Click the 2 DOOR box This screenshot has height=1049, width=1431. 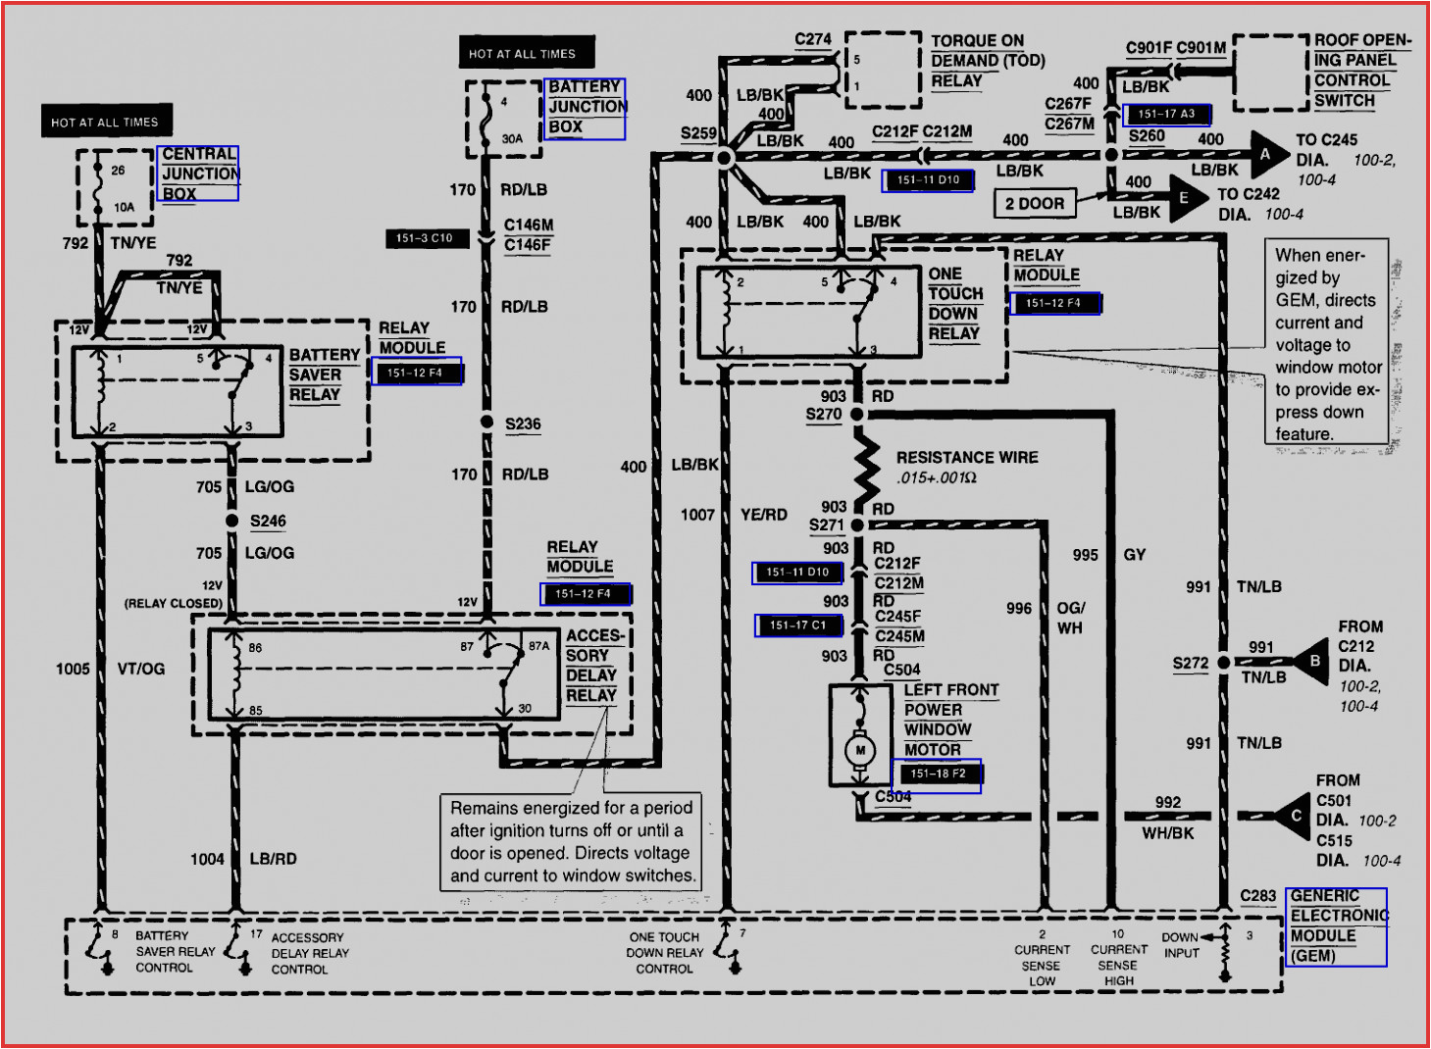pyautogui.click(x=1034, y=204)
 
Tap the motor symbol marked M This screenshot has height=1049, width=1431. pyautogui.click(x=860, y=750)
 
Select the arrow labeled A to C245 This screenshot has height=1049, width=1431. pyautogui.click(x=1268, y=154)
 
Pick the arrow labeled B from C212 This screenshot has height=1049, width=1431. pyautogui.click(x=1311, y=662)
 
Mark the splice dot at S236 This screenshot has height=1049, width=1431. pyautogui.click(x=486, y=422)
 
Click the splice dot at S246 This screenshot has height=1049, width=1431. pyautogui.click(x=232, y=521)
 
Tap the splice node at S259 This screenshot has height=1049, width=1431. pyautogui.click(x=725, y=157)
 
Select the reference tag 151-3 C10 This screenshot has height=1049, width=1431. pyautogui.click(x=425, y=238)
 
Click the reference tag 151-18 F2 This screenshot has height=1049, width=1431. pyautogui.click(x=937, y=774)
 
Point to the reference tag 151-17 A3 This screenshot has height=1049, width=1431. pyautogui.click(x=1166, y=115)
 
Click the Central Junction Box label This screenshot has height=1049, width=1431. pyautogui.click(x=199, y=174)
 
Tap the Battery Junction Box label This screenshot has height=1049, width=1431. pyautogui.click(x=587, y=107)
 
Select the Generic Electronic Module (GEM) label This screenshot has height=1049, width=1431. pyautogui.click(x=1336, y=926)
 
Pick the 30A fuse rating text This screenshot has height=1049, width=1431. pyautogui.click(x=512, y=139)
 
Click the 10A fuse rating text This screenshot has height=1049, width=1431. pyautogui.click(x=124, y=207)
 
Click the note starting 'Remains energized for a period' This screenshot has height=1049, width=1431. pyautogui.click(x=571, y=841)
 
